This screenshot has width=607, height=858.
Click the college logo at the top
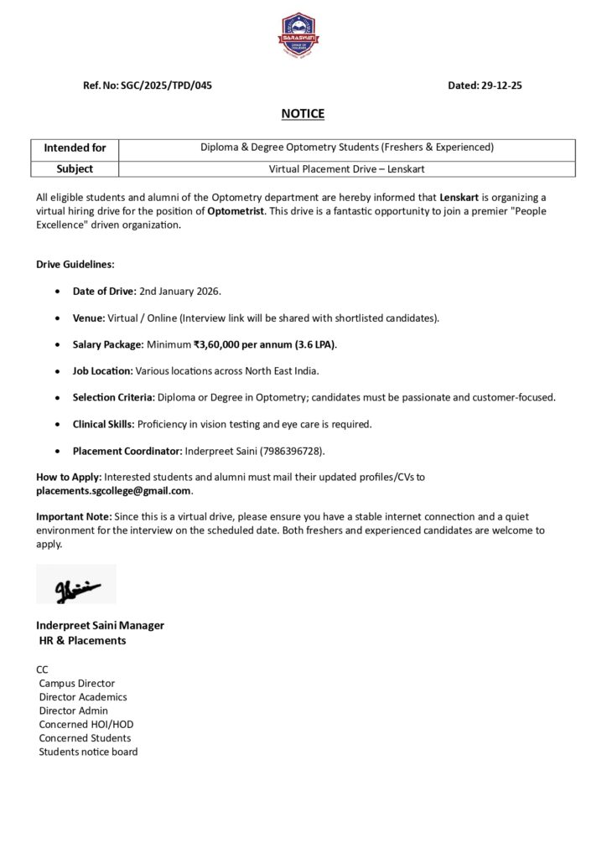303,34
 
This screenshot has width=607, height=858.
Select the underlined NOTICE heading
303,114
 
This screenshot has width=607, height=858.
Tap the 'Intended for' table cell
75,147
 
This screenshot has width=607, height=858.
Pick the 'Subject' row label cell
75,168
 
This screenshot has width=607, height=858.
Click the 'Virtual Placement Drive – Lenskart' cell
346,168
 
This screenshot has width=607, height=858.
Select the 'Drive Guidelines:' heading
75,264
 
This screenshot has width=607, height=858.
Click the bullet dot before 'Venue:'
56,318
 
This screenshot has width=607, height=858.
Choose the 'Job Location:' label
102,370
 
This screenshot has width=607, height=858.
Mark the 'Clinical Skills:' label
103,424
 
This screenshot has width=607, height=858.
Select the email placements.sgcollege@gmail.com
114,490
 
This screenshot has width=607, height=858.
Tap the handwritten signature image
76,584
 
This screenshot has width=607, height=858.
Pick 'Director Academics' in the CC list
83,697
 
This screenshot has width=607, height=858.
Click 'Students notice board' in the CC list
88,752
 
